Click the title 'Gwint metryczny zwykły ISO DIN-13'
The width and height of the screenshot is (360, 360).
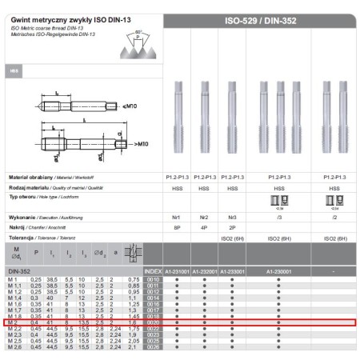click(61, 18)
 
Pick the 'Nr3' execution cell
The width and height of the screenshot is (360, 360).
click(232, 217)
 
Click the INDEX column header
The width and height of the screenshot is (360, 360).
click(155, 271)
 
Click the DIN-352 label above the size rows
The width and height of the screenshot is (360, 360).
click(19, 271)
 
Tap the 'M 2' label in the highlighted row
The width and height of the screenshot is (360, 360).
click(14, 322)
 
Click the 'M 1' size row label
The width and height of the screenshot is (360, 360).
click(14, 278)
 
